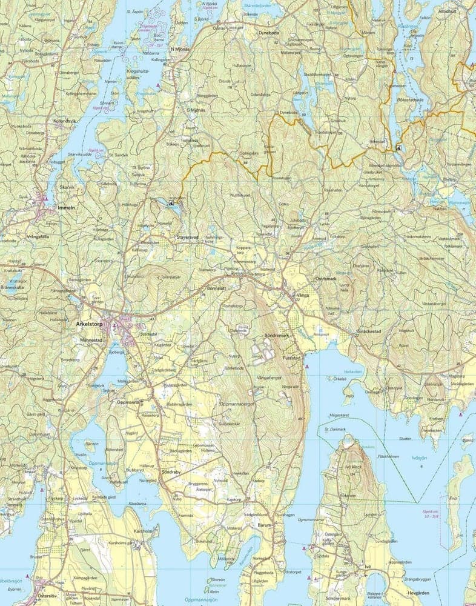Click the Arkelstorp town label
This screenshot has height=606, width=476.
(x=90, y=324)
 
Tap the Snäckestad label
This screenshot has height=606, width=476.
(x=367, y=332)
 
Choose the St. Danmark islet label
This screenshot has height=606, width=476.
(x=334, y=429)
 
